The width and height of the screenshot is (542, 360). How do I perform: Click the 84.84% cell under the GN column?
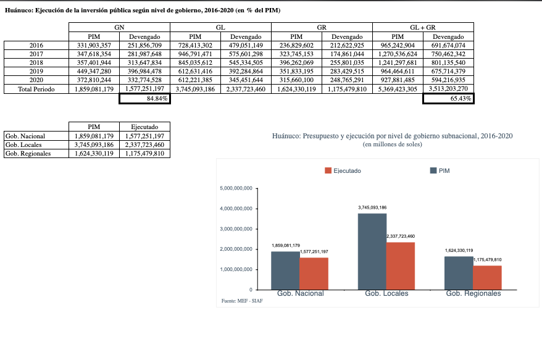point(144,99)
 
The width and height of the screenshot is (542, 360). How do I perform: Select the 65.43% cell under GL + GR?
point(448,99)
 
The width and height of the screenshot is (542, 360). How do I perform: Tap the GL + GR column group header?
point(423,28)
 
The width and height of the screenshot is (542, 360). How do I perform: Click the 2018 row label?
point(36,63)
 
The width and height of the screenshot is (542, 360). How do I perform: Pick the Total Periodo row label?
point(36,90)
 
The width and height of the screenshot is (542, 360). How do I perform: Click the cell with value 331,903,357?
point(94,46)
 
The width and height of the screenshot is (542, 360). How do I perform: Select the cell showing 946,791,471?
point(195,54)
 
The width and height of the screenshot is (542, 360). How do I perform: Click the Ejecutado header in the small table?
point(144,127)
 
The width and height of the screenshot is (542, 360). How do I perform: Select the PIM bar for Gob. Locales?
point(372,251)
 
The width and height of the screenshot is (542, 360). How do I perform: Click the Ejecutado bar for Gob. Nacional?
point(314,273)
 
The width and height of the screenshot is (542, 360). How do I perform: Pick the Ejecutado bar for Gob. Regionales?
point(487,277)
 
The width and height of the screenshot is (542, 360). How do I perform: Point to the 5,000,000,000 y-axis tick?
point(236,188)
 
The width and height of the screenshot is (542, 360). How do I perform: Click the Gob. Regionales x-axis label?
point(473,293)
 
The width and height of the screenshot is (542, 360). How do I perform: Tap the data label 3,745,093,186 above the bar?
point(372,207)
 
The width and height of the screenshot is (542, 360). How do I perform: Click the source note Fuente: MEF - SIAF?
point(238,301)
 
